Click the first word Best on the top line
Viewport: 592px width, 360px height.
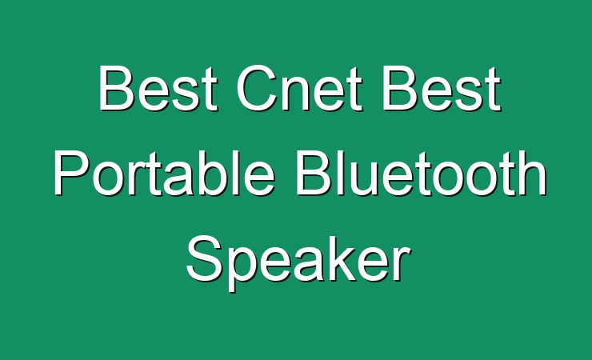point(158,88)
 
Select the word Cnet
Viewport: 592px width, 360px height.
point(299,88)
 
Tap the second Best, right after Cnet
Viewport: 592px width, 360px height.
point(442,88)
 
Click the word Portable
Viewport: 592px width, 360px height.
point(164,172)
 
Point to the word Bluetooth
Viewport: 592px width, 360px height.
point(422,172)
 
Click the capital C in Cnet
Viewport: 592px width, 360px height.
point(257,88)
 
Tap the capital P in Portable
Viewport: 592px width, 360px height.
point(72,172)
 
